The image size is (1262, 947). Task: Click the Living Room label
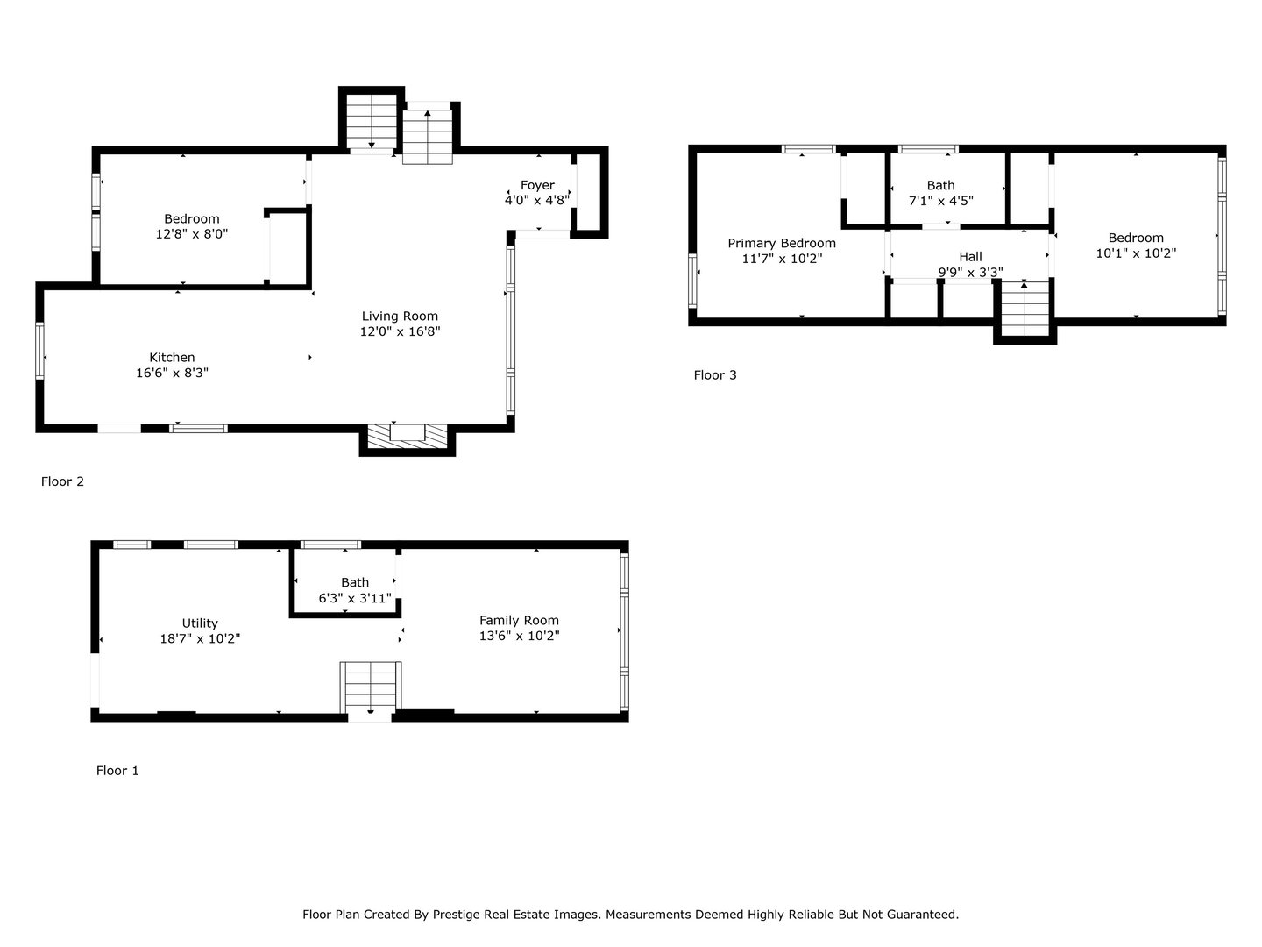(400, 317)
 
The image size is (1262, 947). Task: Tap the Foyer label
(537, 185)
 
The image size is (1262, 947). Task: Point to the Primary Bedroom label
(782, 243)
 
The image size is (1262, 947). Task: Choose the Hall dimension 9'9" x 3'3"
(970, 272)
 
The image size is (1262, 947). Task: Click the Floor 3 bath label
(940, 185)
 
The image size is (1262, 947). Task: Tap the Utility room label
(200, 623)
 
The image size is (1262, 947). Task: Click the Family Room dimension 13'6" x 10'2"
(519, 636)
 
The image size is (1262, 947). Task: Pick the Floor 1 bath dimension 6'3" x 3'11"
(355, 598)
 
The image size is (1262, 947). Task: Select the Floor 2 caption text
(62, 481)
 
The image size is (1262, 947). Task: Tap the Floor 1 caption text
(117, 771)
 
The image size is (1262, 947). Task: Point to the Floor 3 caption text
(715, 375)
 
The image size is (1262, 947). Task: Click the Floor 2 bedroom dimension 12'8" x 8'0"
(191, 234)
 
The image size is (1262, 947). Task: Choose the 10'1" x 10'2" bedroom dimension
(1136, 253)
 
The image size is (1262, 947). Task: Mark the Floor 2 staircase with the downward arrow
(372, 121)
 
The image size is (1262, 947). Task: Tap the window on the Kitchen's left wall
(39, 351)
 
